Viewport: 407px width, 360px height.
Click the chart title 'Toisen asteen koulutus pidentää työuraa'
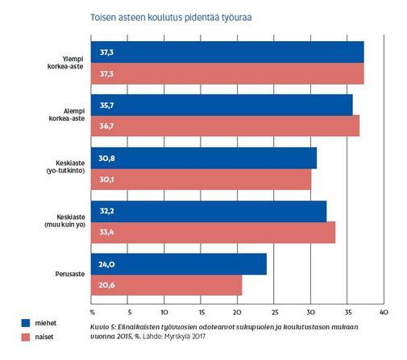point(171,18)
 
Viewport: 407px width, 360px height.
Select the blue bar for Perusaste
point(179,264)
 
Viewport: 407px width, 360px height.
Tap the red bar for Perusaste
point(166,285)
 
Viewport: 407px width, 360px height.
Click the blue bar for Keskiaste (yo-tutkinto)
point(204,158)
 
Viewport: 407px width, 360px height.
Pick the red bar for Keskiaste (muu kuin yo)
point(213,233)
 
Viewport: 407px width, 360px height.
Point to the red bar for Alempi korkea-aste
point(225,126)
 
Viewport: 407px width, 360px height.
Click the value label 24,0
point(106,265)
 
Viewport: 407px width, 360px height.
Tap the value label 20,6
point(106,285)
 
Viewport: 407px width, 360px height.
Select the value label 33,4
point(106,232)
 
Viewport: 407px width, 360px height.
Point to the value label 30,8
point(106,159)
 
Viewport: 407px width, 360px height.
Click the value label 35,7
point(106,106)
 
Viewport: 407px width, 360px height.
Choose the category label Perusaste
point(70,274)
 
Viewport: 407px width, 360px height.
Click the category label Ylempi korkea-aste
point(65,63)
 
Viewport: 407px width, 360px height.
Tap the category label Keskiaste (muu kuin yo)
point(64,221)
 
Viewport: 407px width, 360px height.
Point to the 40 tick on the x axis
point(384,312)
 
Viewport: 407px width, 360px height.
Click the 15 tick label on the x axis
point(201,312)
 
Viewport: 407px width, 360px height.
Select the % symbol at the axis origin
point(93,312)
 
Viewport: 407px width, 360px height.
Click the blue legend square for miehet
point(26,323)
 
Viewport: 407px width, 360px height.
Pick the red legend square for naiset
point(26,337)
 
